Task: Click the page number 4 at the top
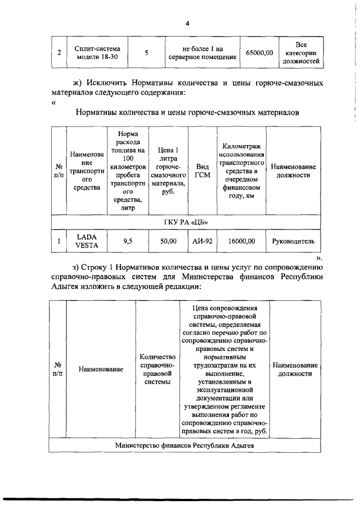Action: [187, 23]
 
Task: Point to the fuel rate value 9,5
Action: [128, 241]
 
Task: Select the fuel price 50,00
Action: [168, 241]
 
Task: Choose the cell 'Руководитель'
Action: [293, 241]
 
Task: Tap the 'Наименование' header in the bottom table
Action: [101, 370]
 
